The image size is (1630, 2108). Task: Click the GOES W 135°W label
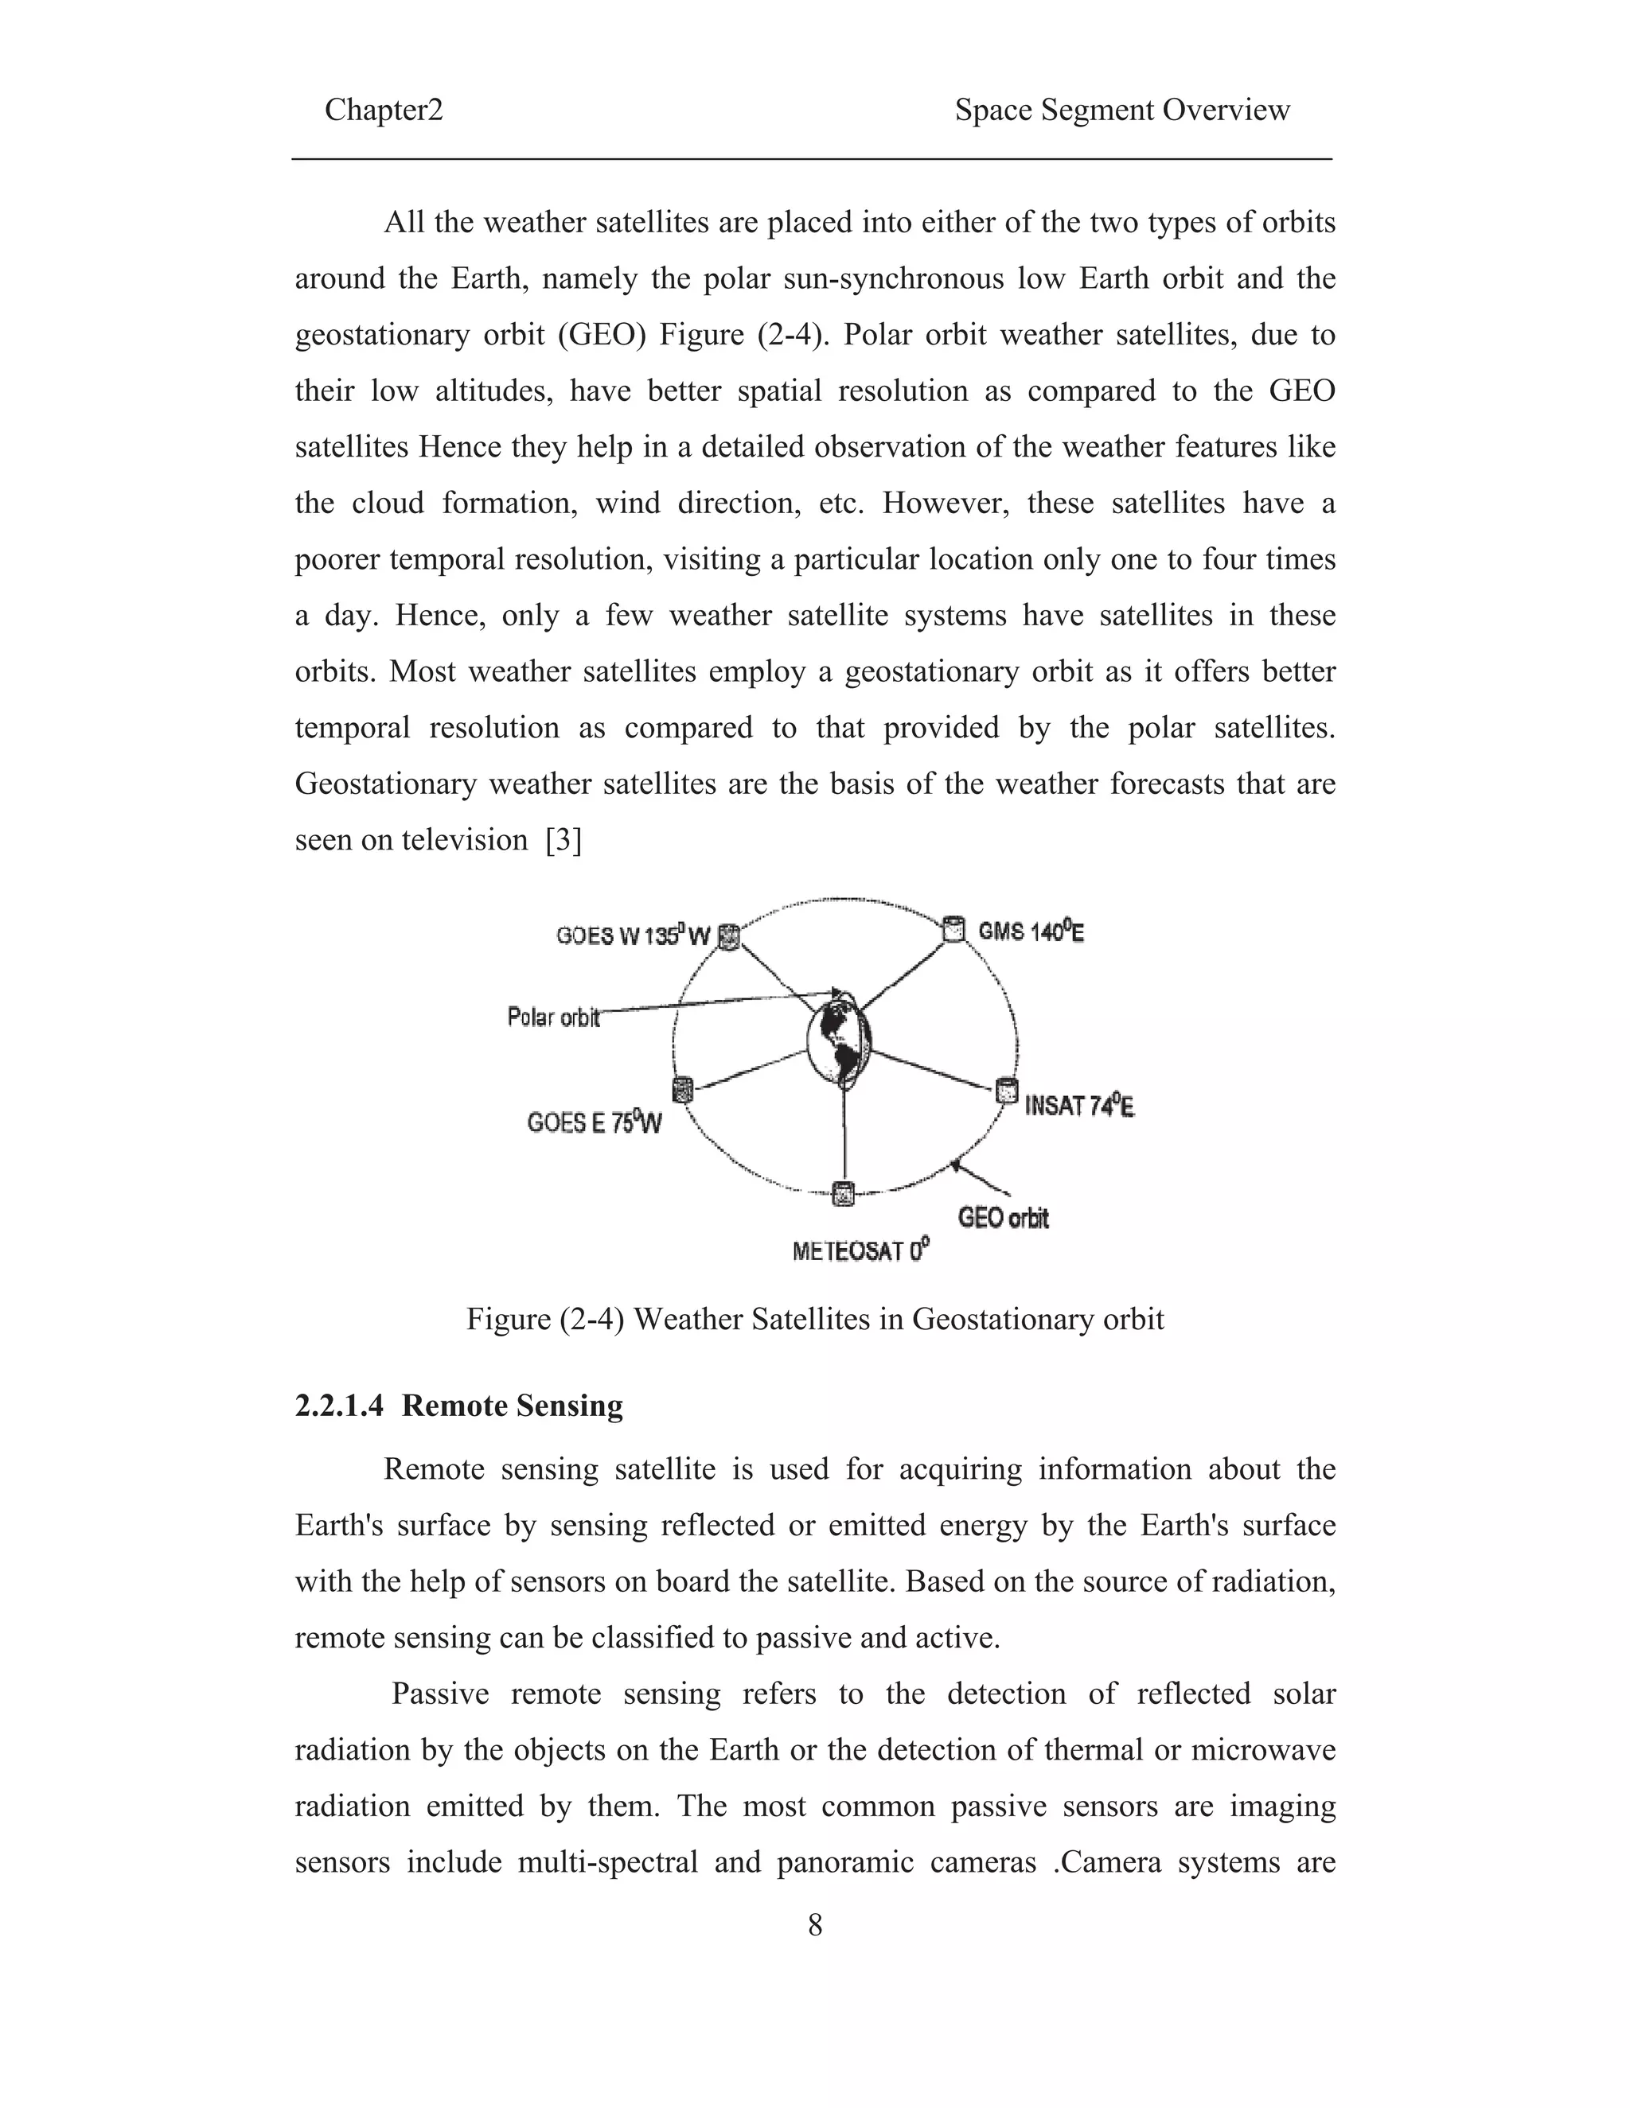tap(633, 936)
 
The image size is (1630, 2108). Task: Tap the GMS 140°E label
tap(1031, 932)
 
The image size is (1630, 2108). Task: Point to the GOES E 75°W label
tap(594, 1122)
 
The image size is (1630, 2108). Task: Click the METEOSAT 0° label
tap(860, 1251)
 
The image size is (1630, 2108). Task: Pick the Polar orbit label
tap(553, 1017)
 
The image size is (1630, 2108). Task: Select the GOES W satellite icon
tap(730, 936)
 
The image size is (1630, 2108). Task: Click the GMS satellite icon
tap(953, 928)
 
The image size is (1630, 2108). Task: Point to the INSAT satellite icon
tap(1006, 1091)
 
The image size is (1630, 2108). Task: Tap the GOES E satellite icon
tap(683, 1090)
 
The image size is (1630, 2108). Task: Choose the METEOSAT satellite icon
tap(843, 1194)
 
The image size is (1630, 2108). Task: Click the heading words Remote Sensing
tap(512, 1406)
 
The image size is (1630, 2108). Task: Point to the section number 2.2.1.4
tap(339, 1406)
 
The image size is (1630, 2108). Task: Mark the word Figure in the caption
tap(509, 1318)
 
